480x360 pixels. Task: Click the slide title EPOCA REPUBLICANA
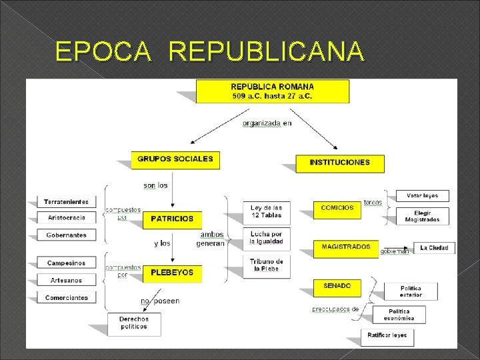coord(210,51)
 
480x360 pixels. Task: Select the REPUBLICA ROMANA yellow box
coord(273,91)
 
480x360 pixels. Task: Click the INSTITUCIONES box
coord(330,162)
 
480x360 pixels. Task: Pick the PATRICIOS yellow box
coord(172,219)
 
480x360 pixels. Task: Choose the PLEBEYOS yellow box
coord(172,273)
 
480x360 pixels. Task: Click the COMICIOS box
coord(337,208)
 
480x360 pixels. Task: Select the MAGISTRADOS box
coord(346,247)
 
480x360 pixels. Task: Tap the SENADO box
coord(337,286)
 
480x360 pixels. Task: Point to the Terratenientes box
coord(66,201)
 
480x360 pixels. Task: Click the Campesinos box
coord(66,263)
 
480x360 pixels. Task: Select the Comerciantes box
coord(66,298)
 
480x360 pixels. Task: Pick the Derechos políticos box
coord(134,323)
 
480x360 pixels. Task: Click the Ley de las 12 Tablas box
coord(266,211)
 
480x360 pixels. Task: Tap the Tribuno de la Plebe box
coord(266,265)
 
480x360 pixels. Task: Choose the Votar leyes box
coord(422,196)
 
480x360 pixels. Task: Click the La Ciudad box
coord(434,248)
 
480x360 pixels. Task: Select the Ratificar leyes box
coord(387,337)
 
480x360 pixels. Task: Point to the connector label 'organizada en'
coord(267,123)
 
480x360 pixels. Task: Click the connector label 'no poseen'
coord(160,301)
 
